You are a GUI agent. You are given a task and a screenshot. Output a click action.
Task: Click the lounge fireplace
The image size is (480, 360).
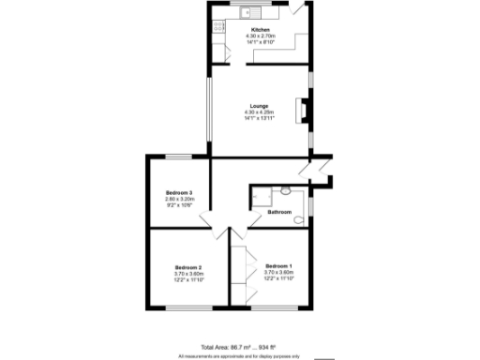pos(302,111)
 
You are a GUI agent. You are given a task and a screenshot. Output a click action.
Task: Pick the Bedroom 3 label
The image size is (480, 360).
pos(178,191)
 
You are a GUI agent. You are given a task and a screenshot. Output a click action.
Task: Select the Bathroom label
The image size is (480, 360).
pos(279,212)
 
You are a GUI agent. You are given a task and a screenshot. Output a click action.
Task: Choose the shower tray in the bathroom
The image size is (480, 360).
pos(260,196)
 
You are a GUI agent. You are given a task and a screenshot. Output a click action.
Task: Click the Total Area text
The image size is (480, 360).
pos(239,346)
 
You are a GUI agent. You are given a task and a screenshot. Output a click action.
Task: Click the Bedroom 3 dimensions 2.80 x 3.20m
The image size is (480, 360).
pos(178,198)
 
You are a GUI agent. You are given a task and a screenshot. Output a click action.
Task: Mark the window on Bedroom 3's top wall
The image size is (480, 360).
pos(179,156)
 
